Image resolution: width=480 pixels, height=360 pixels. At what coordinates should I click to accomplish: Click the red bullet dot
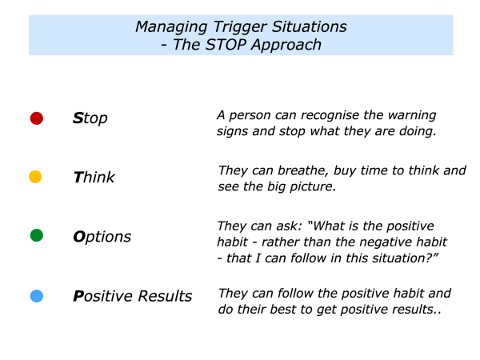[37, 118]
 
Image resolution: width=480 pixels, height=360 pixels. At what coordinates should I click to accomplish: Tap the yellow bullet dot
[35, 177]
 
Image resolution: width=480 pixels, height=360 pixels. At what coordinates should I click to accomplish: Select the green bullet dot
[37, 235]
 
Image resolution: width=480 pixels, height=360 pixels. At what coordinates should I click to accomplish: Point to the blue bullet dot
[37, 296]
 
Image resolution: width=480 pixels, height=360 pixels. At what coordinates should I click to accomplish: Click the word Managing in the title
[171, 27]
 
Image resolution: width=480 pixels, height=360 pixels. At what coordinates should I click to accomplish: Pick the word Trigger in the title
[240, 27]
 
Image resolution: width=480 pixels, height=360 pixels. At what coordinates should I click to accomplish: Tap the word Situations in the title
[310, 26]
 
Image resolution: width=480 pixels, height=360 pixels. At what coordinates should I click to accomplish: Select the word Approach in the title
[286, 46]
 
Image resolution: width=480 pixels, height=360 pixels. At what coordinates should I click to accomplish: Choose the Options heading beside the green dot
[102, 238]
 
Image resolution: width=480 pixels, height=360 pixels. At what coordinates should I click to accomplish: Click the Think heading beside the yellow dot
[94, 178]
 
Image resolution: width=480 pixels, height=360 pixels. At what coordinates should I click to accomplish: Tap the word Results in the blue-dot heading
[165, 296]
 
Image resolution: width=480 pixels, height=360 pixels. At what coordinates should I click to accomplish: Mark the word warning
[412, 116]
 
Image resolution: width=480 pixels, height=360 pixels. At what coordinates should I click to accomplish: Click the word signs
[233, 132]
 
